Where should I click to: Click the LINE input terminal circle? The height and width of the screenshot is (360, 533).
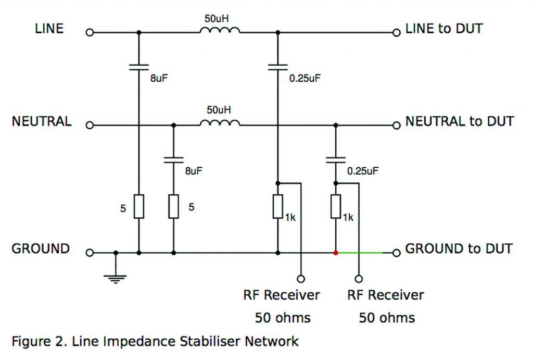coord(90,32)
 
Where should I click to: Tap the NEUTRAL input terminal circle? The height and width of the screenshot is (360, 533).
coord(90,126)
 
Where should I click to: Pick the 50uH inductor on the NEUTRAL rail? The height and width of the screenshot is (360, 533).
coord(219,124)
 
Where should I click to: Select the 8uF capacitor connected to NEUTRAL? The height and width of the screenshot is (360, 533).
coord(173,159)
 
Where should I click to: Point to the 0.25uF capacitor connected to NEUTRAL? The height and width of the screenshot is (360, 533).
coord(336,159)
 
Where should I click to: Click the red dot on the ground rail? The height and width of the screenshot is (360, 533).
coord(336,253)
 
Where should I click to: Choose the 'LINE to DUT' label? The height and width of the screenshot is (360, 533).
coord(443,29)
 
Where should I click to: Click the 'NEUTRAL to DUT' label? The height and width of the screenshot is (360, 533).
coord(459,122)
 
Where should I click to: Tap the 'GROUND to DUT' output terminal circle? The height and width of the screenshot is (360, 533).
coord(396,253)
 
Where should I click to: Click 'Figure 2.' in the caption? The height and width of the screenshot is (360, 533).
coord(39,342)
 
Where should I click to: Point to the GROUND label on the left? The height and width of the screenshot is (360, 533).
coord(41,249)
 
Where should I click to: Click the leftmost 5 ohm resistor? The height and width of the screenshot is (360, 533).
coord(138,207)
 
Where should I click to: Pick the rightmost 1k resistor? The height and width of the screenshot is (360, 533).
coord(336,207)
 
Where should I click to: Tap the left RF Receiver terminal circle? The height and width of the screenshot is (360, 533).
coord(300,279)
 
